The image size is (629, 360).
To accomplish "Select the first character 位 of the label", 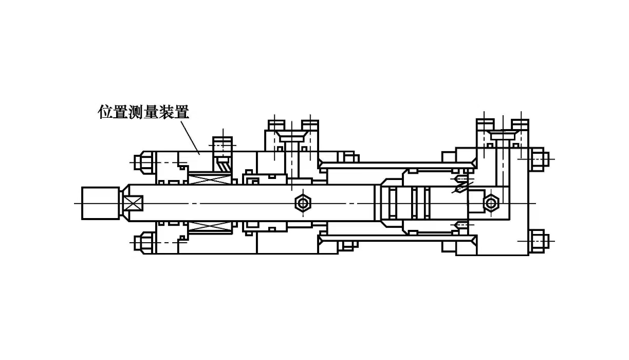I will (105, 112).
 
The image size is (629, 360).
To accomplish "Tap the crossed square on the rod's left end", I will (133, 203).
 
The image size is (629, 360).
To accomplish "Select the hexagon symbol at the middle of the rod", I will (303, 203).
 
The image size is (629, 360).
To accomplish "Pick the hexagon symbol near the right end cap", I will (491, 203).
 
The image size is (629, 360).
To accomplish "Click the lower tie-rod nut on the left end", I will (143, 242).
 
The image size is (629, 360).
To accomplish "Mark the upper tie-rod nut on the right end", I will (538, 158).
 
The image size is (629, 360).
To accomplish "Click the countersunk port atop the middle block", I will (292, 136).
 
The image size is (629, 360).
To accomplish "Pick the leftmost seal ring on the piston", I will (392, 203).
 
